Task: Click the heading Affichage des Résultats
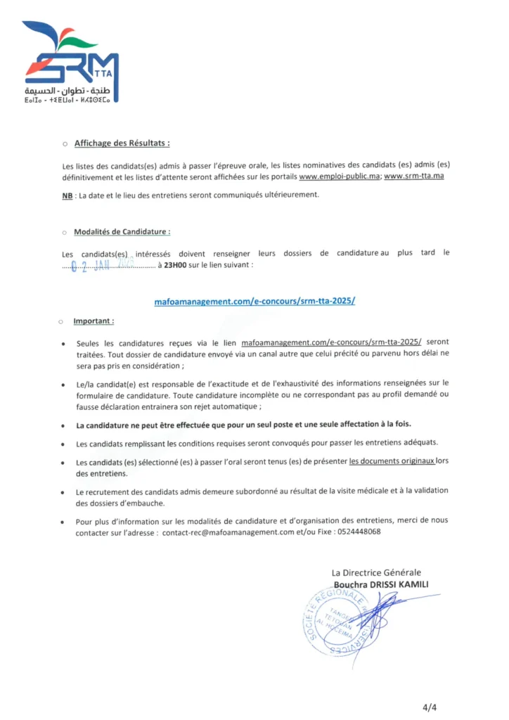pos(121,143)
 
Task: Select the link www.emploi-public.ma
pos(340,176)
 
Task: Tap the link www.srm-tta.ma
pos(414,176)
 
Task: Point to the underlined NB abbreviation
pos(67,194)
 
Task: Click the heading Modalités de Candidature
pos(122,231)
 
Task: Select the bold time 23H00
pos(176,265)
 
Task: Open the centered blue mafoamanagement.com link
pos(254,301)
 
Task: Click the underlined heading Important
pos(94,321)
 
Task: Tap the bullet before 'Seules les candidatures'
pos(65,343)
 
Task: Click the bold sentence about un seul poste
pos(243,425)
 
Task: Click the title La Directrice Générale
pos(376,573)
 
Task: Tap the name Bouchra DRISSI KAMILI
pos(381,584)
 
